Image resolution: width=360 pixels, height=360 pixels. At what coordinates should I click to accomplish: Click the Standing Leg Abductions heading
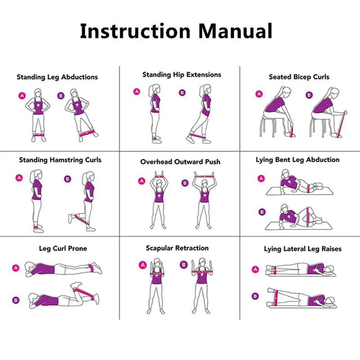pyautogui.click(x=57, y=77)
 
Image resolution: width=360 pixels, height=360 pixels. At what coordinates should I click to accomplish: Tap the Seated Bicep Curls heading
pyautogui.click(x=299, y=77)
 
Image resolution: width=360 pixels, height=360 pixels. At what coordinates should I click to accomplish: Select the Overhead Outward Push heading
pyautogui.click(x=180, y=162)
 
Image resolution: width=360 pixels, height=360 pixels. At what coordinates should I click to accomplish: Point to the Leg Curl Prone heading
pyautogui.click(x=63, y=248)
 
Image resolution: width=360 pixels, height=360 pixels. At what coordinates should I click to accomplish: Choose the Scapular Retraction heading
pyautogui.click(x=177, y=248)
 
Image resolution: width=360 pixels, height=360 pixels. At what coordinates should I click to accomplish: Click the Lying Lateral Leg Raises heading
pyautogui.click(x=302, y=249)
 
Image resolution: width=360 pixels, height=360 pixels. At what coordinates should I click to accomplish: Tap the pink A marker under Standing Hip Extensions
pyautogui.click(x=137, y=92)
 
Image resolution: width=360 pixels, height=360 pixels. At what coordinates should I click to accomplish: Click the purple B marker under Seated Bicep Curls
pyautogui.click(x=309, y=95)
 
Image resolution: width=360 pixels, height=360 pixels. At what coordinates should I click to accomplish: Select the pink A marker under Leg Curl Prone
pyautogui.click(x=16, y=268)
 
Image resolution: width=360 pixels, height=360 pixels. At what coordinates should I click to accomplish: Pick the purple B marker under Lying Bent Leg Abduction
pyautogui.click(x=261, y=211)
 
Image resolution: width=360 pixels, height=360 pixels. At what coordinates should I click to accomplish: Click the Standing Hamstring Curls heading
pyautogui.click(x=60, y=160)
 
